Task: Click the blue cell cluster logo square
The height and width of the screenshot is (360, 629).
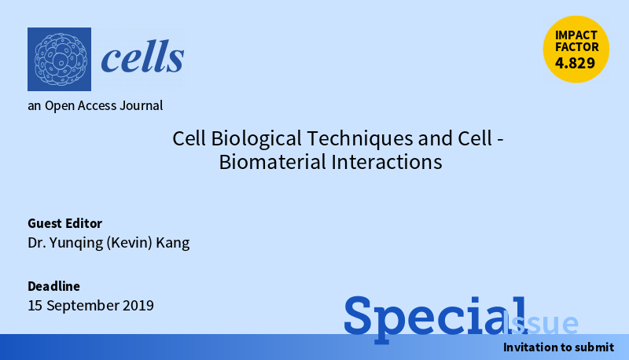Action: click(60, 59)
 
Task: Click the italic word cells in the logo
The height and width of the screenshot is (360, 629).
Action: click(142, 57)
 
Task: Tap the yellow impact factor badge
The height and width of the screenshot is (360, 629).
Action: click(576, 50)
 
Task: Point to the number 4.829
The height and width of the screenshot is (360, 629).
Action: click(575, 63)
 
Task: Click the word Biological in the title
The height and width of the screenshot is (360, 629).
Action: click(256, 138)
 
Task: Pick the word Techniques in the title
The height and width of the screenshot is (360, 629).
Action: click(360, 138)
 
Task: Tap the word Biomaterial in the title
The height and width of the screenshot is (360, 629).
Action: click(272, 163)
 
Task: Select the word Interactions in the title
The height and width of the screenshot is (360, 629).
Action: click(387, 163)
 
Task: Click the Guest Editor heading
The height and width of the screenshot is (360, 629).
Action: click(65, 223)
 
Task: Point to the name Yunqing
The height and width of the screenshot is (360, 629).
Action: click(76, 243)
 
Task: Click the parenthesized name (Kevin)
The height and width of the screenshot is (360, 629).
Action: click(129, 243)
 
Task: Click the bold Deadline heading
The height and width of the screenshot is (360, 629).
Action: click(53, 286)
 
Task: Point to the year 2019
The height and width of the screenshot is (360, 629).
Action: click(138, 306)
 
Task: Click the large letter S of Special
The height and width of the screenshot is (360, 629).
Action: click(358, 315)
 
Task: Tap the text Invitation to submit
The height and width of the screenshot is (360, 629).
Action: click(558, 347)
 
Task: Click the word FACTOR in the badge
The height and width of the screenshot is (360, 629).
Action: click(576, 47)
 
